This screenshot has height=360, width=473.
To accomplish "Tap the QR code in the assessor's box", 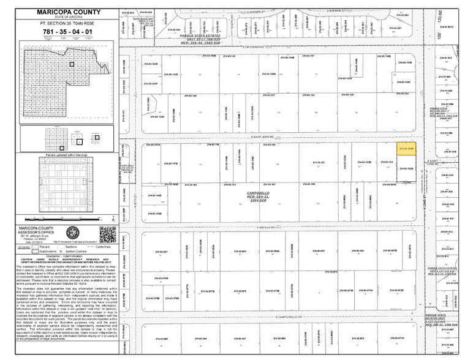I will coord(107,234).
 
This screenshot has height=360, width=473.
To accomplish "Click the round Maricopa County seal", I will coord(73,233).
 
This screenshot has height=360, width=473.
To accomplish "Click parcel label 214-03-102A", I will coord(407,168).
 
